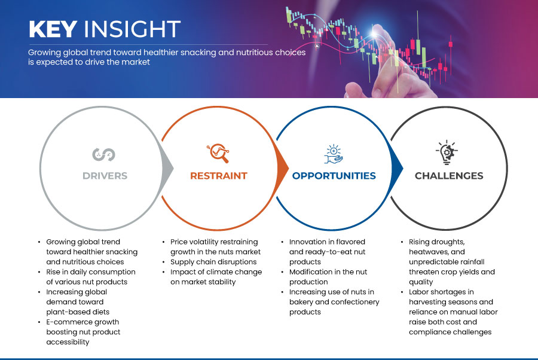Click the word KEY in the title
point(53,29)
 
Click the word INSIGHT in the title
point(132,29)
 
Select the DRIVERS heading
point(105,176)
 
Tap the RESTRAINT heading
point(219,176)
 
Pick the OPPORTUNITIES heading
point(334,176)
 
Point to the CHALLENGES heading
point(449,176)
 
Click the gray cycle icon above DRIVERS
point(103,154)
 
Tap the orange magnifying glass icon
point(218,153)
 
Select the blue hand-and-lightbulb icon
point(334,154)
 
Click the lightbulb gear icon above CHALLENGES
point(447,152)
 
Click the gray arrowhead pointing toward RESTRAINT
point(167,168)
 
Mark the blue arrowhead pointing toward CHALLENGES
point(398,168)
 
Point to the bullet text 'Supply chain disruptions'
point(213,262)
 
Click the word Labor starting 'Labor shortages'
point(418,292)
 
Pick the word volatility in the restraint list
point(205,242)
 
